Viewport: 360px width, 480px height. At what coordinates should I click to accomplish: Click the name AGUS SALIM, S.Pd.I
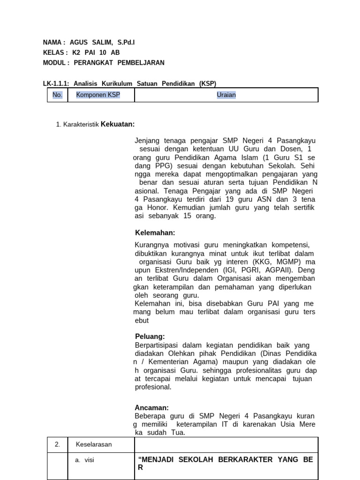pos(102,43)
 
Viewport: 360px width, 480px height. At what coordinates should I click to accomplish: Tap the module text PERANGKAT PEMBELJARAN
pos(119,63)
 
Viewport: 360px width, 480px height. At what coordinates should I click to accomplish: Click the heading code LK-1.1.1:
pos(56,83)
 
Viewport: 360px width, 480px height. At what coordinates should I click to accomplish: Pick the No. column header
pos(57,95)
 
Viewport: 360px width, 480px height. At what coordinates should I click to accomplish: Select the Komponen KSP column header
pos(98,95)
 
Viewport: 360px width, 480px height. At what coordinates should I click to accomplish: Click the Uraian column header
pos(226,95)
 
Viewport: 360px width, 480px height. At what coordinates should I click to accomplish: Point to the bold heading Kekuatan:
pos(118,124)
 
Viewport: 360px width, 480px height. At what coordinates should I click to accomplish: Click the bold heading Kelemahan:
pos(155,233)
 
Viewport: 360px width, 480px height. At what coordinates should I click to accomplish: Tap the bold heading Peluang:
pos(150,337)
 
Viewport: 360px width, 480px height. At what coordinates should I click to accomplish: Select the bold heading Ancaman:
pos(151,408)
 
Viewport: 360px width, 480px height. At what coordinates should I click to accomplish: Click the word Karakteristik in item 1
pos(81,125)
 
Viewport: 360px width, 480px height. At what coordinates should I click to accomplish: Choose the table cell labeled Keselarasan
pos(94,444)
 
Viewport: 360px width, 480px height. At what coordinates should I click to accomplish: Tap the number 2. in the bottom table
pos(57,444)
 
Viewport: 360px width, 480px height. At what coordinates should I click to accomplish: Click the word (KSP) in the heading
pos(208,83)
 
